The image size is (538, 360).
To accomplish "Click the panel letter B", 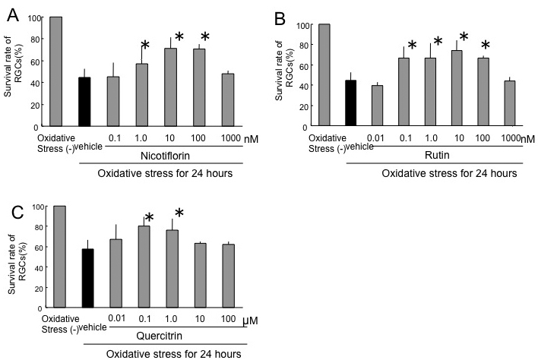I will [278, 15].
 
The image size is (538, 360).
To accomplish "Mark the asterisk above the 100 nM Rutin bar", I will [486, 45].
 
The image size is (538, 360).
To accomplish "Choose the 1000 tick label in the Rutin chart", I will [511, 137].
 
